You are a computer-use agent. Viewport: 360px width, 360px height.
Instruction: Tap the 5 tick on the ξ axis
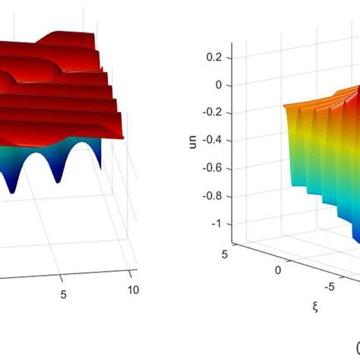(x=226, y=254)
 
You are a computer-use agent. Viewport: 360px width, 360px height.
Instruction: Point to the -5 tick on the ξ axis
(x=328, y=287)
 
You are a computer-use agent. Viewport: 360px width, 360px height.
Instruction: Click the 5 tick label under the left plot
(x=64, y=292)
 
